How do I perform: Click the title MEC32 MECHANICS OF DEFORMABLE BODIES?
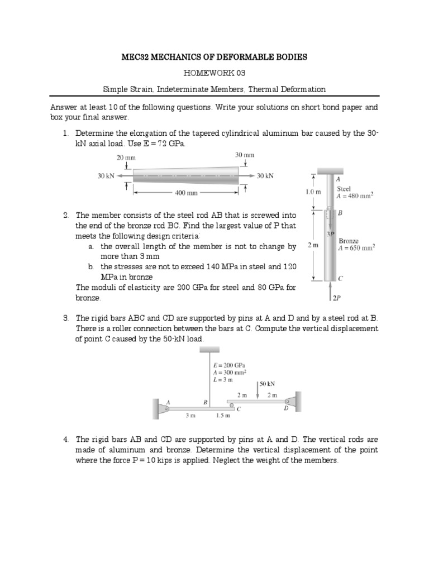tap(214, 58)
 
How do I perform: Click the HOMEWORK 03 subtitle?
tap(214, 73)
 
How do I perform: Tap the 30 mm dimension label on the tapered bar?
tap(245, 155)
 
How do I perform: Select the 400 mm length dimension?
tap(186, 193)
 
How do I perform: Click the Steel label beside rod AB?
tap(344, 189)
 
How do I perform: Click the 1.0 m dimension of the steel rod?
tap(313, 192)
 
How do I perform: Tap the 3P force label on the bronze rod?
tap(331, 233)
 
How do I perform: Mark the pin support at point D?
tap(289, 402)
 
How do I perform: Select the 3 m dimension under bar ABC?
tap(190, 416)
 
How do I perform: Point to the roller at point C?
tap(232, 404)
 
